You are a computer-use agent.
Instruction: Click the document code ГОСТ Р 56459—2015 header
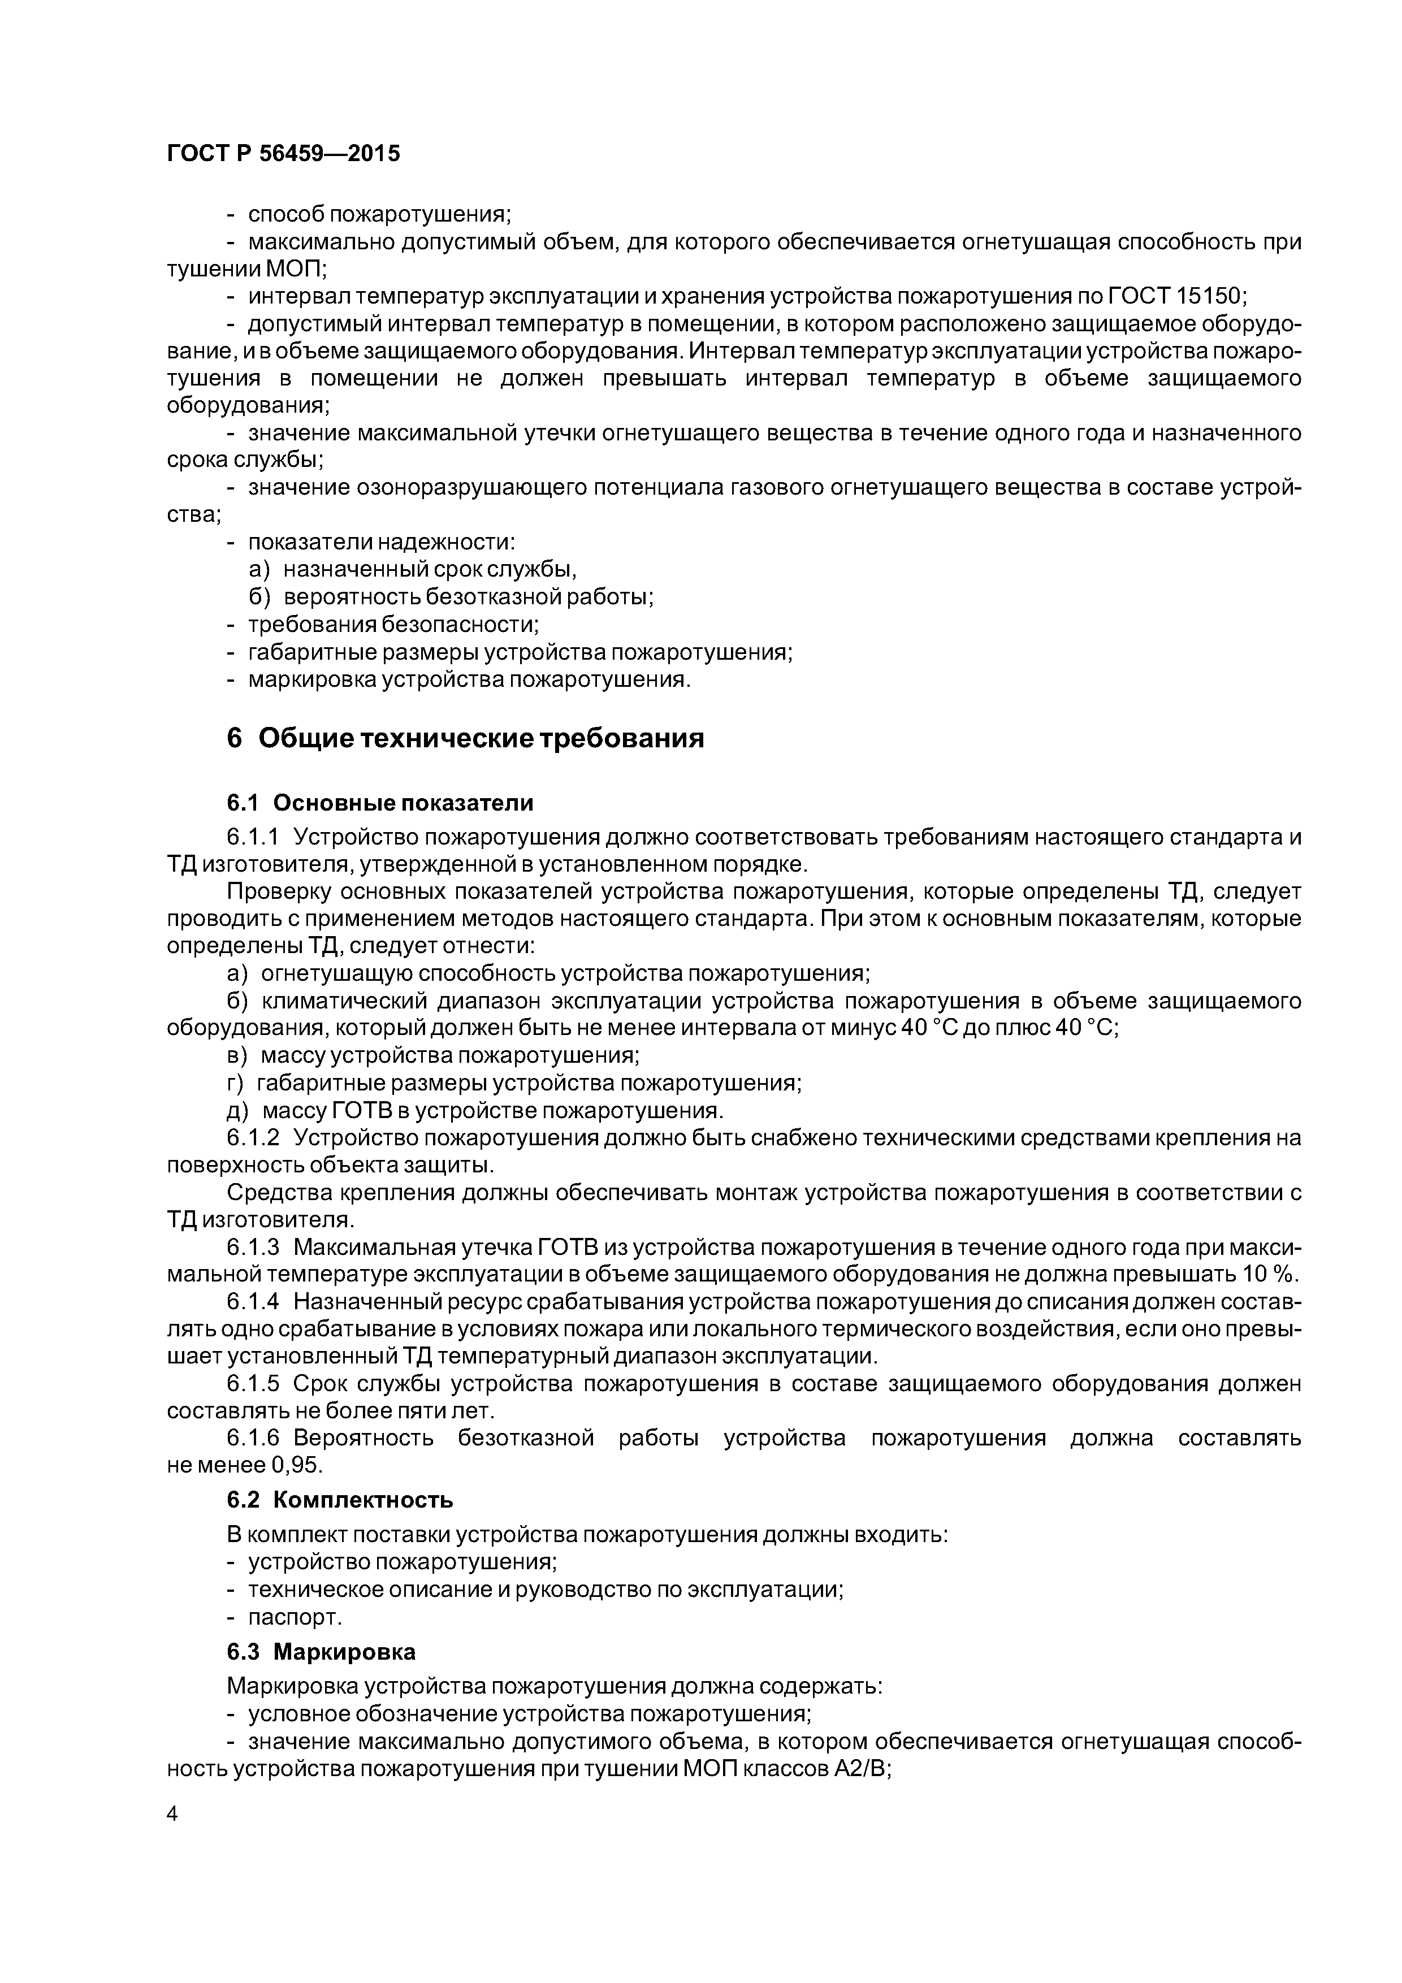coord(283,154)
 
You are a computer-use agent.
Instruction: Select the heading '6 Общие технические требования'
coord(466,738)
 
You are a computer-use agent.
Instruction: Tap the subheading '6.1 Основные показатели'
coord(380,803)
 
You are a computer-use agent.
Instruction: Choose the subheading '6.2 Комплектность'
coord(340,1499)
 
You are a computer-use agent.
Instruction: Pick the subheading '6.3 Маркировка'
coord(321,1651)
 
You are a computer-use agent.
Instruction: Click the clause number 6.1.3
coord(253,1247)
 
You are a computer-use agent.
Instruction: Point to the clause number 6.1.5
coord(253,1384)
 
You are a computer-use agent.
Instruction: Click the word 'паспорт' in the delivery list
coord(295,1617)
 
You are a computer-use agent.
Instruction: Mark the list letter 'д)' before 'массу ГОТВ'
coord(237,1110)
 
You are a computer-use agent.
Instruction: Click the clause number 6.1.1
coord(253,837)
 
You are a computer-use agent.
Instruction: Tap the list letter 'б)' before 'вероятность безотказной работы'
coord(260,597)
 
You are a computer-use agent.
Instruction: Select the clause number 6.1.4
coord(253,1302)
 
